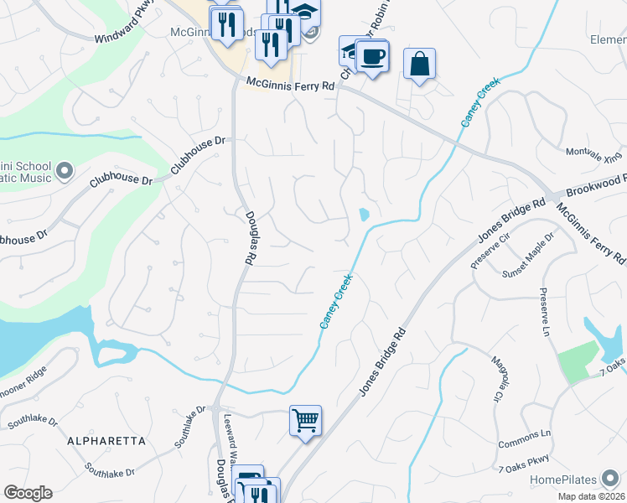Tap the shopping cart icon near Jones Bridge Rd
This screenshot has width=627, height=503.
305,420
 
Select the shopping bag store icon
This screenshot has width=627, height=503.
419,64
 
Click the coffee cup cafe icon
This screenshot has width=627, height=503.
371,57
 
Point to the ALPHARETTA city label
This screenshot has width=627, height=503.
108,440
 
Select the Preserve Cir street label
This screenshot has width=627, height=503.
490,248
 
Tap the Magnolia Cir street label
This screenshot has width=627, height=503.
500,377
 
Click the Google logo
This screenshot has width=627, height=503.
28,493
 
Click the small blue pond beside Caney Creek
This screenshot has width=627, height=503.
363,215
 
